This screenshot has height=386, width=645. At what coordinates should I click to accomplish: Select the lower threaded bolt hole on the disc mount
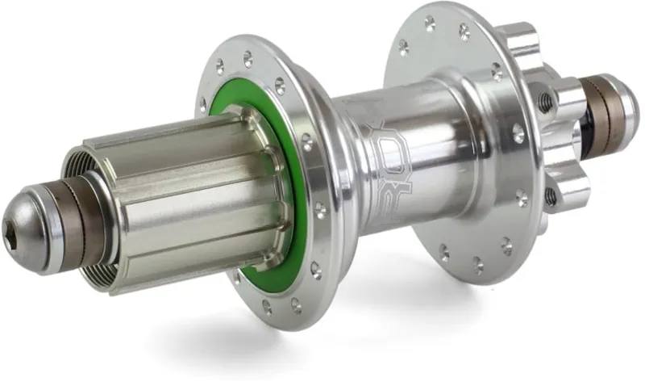click(551, 195)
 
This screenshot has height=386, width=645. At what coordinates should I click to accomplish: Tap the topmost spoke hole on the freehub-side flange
click(248, 58)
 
